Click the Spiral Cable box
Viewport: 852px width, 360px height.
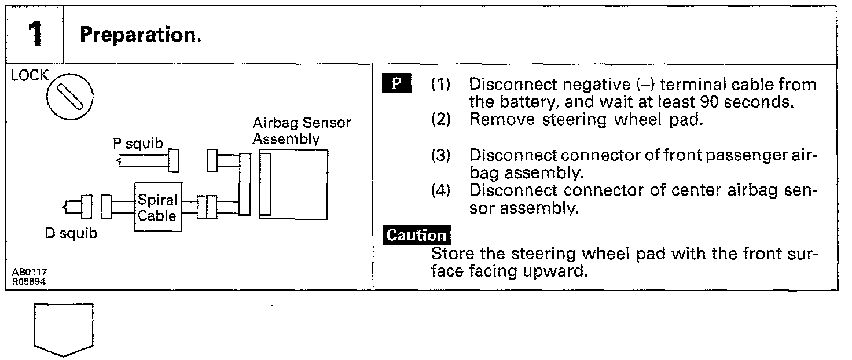(x=158, y=207)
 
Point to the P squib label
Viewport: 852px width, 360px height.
(x=138, y=144)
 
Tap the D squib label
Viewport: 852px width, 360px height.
(x=71, y=234)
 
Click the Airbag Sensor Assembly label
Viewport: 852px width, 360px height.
(x=302, y=131)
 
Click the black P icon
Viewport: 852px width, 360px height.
(x=396, y=85)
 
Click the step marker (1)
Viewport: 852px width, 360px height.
(x=441, y=85)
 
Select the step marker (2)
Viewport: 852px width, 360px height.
(x=441, y=120)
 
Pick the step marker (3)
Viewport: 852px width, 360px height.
(x=441, y=156)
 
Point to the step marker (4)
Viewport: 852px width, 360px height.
(x=441, y=190)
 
